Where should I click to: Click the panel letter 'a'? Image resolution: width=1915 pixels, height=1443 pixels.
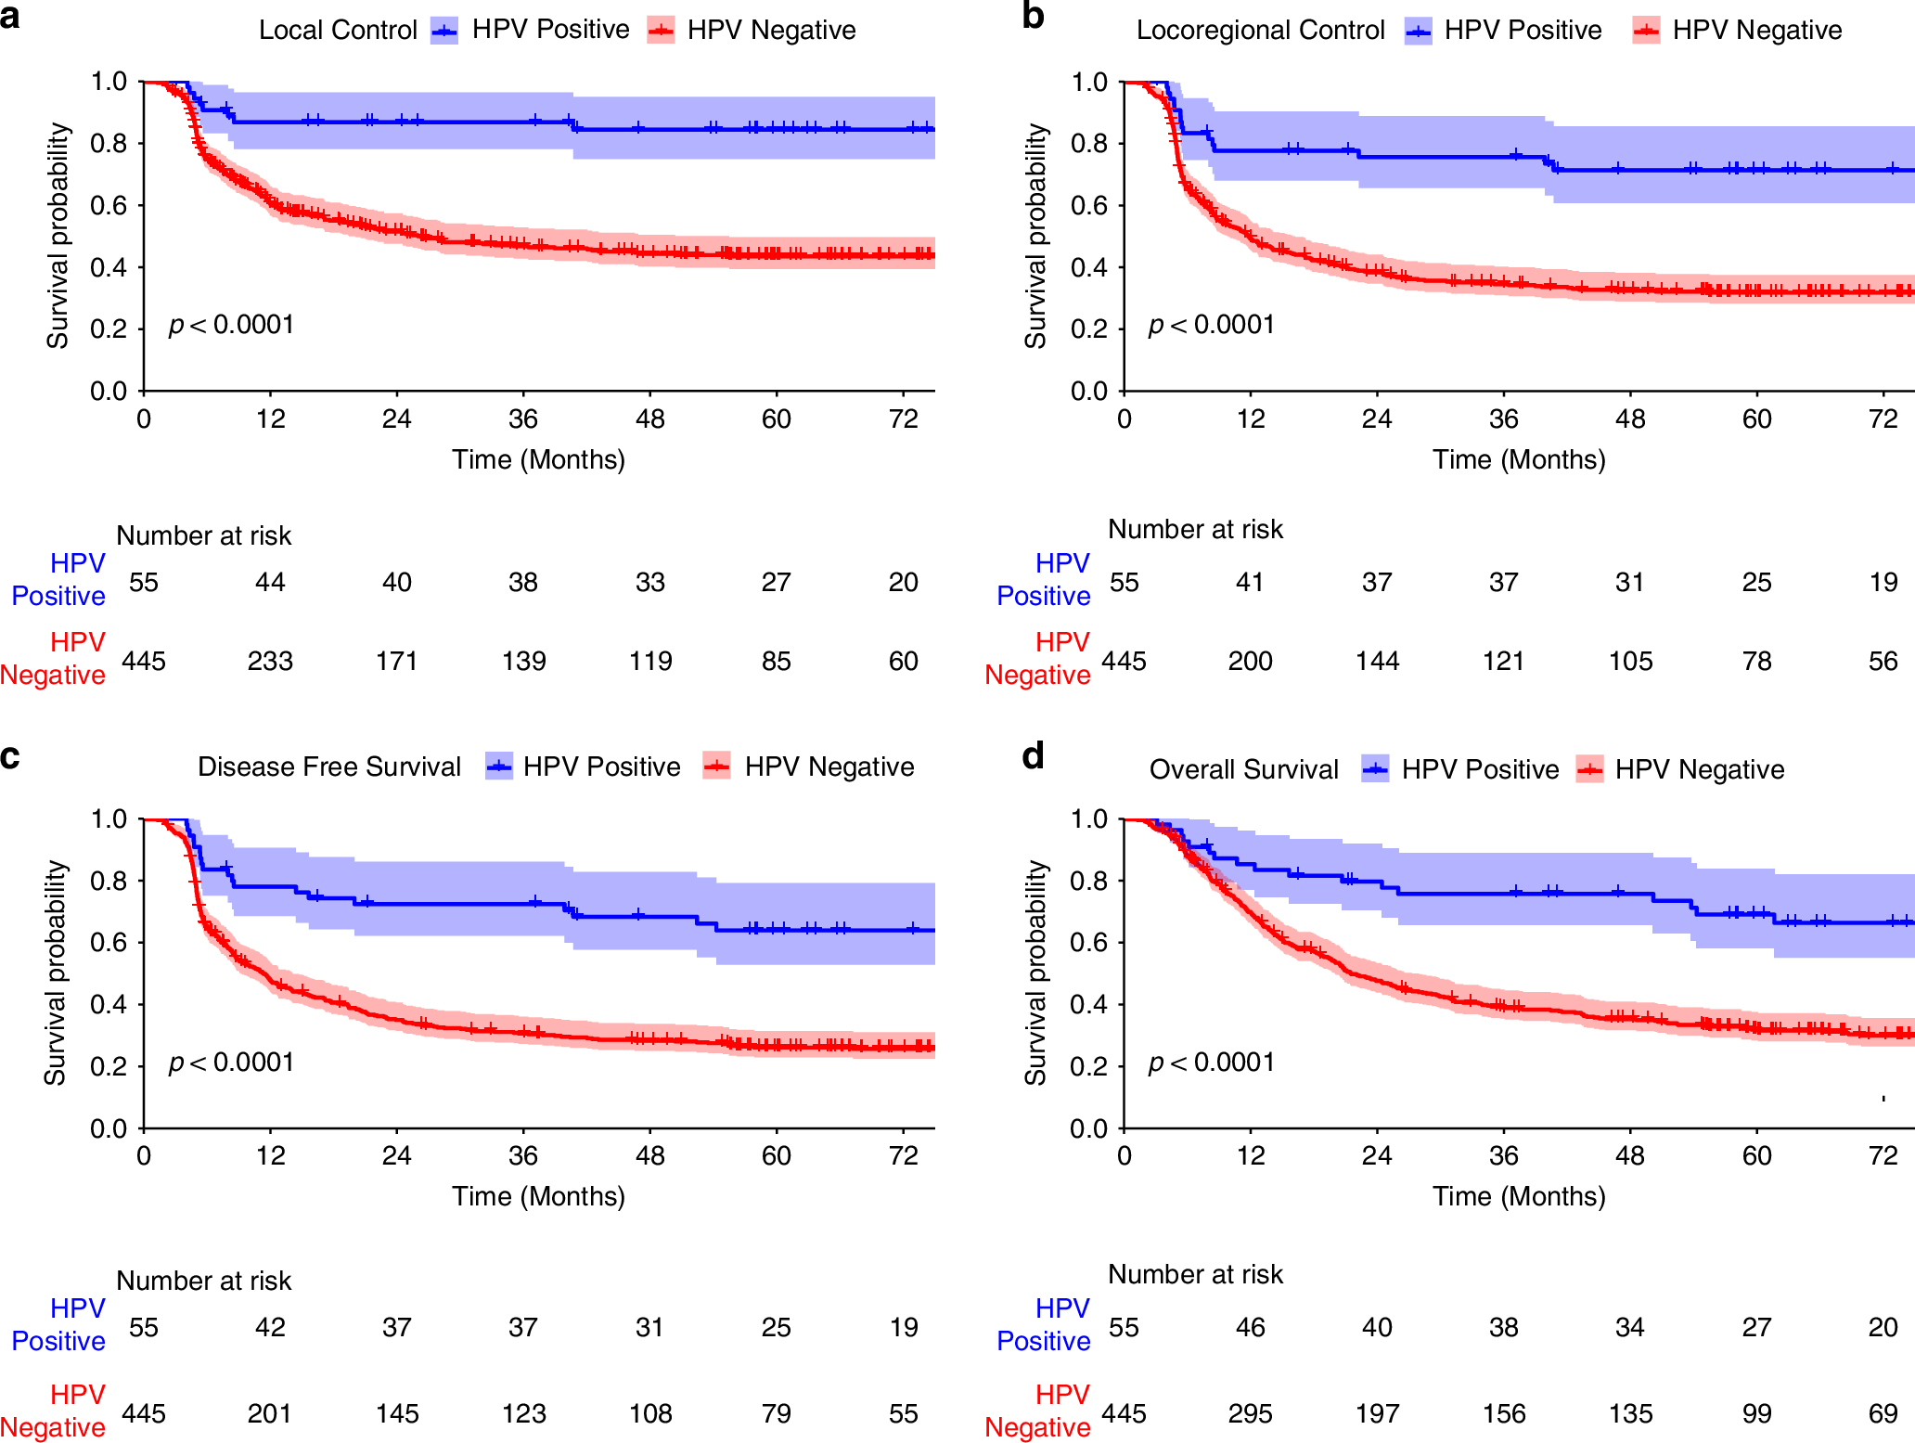point(10,17)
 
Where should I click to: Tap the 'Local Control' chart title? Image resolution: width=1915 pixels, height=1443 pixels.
point(338,31)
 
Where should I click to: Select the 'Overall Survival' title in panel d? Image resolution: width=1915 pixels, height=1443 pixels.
point(1243,769)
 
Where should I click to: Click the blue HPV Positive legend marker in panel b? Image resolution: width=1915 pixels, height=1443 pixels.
point(1418,32)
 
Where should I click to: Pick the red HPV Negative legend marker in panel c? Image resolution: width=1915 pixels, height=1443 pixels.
point(716,767)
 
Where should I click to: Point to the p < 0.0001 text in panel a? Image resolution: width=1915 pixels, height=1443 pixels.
point(231,325)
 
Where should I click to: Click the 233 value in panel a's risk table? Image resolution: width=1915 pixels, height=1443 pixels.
point(270,661)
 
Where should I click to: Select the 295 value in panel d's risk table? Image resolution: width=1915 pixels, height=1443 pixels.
point(1250,1413)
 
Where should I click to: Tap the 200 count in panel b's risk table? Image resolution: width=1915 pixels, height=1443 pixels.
point(1250,661)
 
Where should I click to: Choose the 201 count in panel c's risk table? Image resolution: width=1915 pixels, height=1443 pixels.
point(270,1413)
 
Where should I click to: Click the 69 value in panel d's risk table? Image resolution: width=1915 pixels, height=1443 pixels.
point(1883,1413)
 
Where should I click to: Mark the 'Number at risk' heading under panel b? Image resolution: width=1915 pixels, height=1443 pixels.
point(1195,530)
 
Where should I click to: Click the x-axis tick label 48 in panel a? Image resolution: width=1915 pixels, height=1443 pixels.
point(649,419)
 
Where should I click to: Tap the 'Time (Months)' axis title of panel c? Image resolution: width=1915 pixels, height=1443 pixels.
point(538,1196)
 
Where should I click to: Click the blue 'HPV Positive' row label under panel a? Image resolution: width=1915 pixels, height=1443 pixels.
point(59,579)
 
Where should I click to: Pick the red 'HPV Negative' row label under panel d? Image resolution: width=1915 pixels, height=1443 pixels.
point(1038,1411)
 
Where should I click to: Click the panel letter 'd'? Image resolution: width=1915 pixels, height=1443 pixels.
point(1033,756)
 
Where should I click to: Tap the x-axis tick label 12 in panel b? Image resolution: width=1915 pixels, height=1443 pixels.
point(1250,419)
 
